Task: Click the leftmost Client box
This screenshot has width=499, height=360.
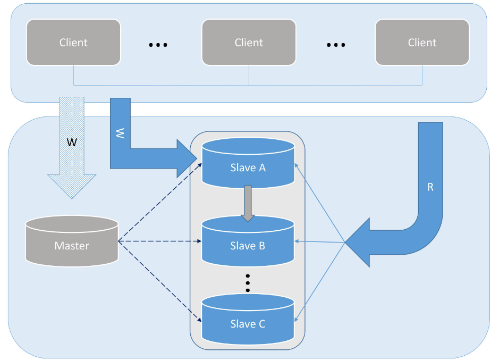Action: click(73, 43)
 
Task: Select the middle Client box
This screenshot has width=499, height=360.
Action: click(248, 43)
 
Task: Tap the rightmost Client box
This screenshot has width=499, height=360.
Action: click(422, 43)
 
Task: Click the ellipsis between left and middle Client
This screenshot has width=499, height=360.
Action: click(158, 45)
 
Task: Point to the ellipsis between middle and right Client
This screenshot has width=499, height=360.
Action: click(336, 45)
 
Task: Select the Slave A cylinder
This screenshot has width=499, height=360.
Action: click(248, 162)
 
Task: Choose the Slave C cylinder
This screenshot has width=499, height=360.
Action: click(248, 319)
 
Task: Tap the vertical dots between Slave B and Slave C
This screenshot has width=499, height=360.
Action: click(248, 282)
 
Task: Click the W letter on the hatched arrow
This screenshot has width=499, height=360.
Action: click(71, 143)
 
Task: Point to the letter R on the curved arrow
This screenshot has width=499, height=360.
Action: click(430, 187)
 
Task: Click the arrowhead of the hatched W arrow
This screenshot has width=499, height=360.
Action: click(72, 186)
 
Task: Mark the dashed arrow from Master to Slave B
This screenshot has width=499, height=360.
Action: click(159, 241)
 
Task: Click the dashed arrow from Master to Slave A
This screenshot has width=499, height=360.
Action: click(159, 202)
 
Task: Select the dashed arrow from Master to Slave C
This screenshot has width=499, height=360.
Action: click(159, 281)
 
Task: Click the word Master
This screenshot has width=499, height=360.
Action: click(72, 246)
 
